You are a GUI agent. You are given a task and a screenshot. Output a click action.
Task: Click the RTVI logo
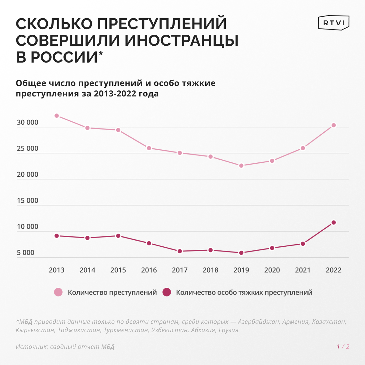(333, 23)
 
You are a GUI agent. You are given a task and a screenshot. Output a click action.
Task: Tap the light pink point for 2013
(57, 116)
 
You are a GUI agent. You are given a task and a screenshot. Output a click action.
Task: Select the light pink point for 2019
(241, 165)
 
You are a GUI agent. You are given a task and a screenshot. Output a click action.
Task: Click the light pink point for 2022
(334, 125)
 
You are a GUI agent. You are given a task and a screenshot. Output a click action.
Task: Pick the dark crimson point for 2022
(334, 222)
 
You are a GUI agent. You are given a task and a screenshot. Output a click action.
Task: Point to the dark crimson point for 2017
(180, 251)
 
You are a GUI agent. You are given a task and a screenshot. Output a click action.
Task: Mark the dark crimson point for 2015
(118, 236)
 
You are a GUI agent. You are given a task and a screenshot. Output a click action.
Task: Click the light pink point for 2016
(149, 148)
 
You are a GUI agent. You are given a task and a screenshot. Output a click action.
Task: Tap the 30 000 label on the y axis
(27, 123)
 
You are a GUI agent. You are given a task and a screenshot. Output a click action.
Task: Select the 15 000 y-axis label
(27, 201)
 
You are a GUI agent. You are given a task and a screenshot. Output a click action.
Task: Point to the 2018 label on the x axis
(210, 270)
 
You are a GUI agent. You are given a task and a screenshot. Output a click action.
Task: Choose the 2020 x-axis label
(272, 270)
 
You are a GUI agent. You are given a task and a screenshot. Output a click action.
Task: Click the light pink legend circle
(58, 292)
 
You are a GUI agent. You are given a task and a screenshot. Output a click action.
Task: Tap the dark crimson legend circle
(167, 292)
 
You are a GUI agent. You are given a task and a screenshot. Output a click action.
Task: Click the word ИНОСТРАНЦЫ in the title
(181, 40)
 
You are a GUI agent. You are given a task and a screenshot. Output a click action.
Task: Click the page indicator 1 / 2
(343, 347)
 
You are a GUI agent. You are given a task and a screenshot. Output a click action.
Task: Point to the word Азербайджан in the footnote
(258, 322)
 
